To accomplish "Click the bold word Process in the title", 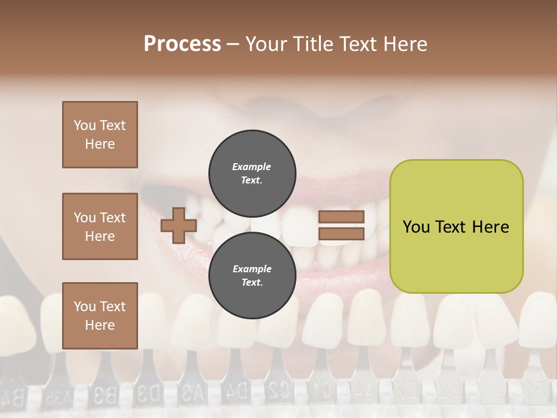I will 182,44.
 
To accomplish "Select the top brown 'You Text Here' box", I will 100,135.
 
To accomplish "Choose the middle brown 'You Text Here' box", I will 100,226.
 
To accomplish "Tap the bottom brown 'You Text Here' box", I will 100,316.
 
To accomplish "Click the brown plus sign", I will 179,225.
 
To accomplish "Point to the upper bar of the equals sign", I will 342,217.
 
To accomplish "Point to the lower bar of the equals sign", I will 342,234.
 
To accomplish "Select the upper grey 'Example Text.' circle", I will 252,173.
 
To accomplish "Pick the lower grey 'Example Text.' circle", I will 252,275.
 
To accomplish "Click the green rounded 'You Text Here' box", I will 456,226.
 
